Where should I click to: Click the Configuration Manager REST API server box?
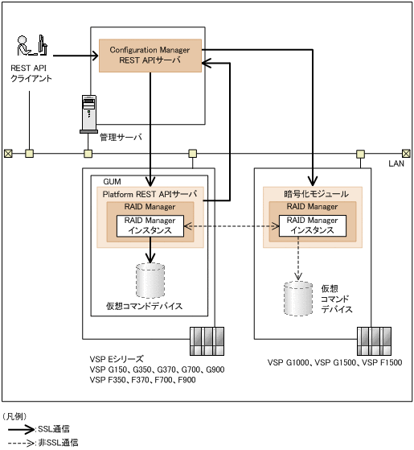point(150,55)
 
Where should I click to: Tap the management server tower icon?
point(88,114)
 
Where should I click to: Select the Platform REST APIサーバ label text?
point(149,194)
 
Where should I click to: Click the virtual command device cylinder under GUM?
point(150,279)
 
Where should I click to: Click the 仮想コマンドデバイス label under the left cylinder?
point(144,306)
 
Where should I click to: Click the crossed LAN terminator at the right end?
point(406,153)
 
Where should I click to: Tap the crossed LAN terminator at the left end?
point(7,153)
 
